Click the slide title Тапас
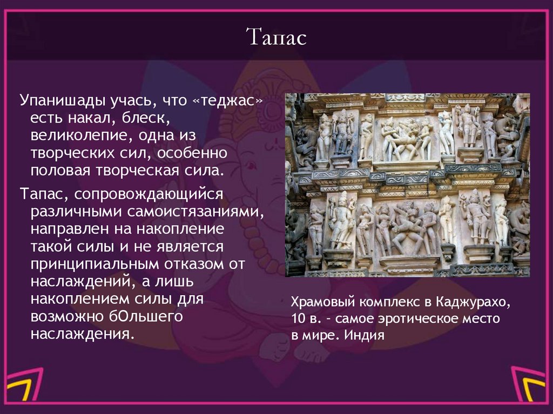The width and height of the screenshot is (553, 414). [276, 38]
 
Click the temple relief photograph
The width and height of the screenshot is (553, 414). [407, 185]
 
